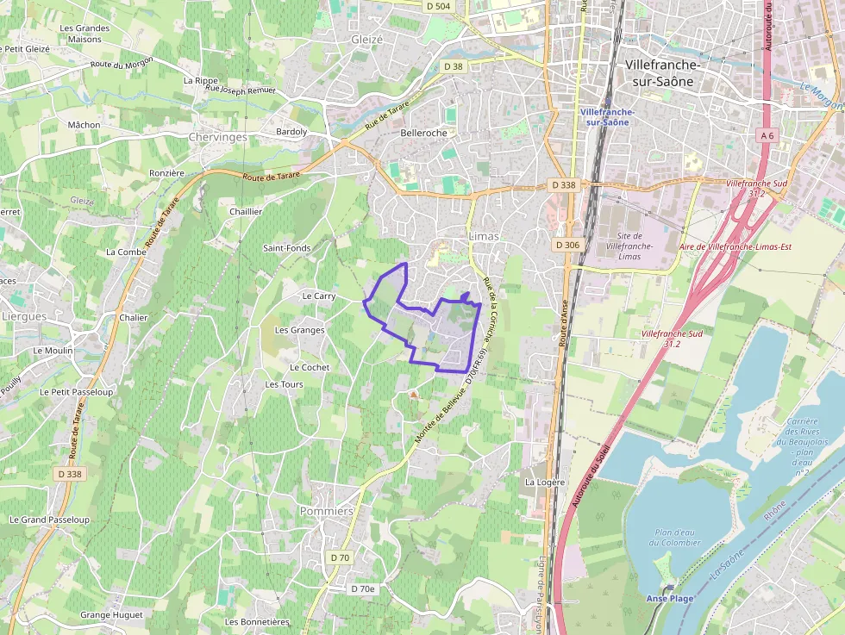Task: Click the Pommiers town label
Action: tap(326, 511)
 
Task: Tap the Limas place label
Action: tap(483, 235)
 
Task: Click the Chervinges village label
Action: tap(217, 137)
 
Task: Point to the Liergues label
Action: tap(24, 316)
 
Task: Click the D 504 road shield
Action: tap(438, 6)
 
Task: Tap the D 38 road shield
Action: tap(453, 66)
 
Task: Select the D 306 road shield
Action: tap(567, 246)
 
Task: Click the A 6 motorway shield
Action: tap(767, 135)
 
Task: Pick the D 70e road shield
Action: tap(363, 588)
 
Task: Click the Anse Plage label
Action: tap(670, 598)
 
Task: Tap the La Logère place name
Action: tap(544, 482)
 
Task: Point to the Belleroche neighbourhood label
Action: tap(424, 133)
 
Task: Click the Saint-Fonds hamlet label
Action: tap(287, 248)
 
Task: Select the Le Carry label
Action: tap(319, 296)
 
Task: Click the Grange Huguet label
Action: tap(111, 615)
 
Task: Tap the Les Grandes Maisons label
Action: tap(84, 34)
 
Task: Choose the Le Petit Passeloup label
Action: tap(77, 391)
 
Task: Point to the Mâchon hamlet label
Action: tap(84, 125)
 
